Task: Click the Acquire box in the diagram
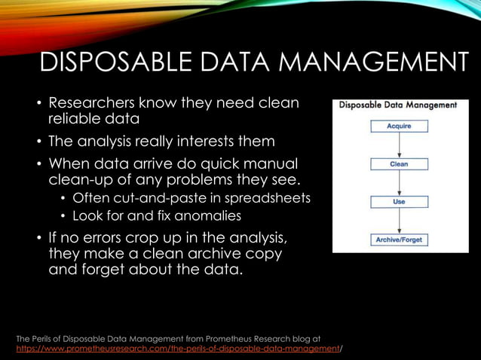point(399,127)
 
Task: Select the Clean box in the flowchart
point(399,163)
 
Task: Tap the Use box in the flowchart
point(399,202)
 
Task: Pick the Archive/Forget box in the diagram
point(399,239)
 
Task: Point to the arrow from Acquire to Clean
point(399,145)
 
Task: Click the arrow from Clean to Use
point(399,183)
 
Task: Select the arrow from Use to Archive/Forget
point(399,221)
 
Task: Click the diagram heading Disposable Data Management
point(398,105)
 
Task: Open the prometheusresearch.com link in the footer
point(178,349)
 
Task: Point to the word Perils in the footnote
point(50,339)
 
